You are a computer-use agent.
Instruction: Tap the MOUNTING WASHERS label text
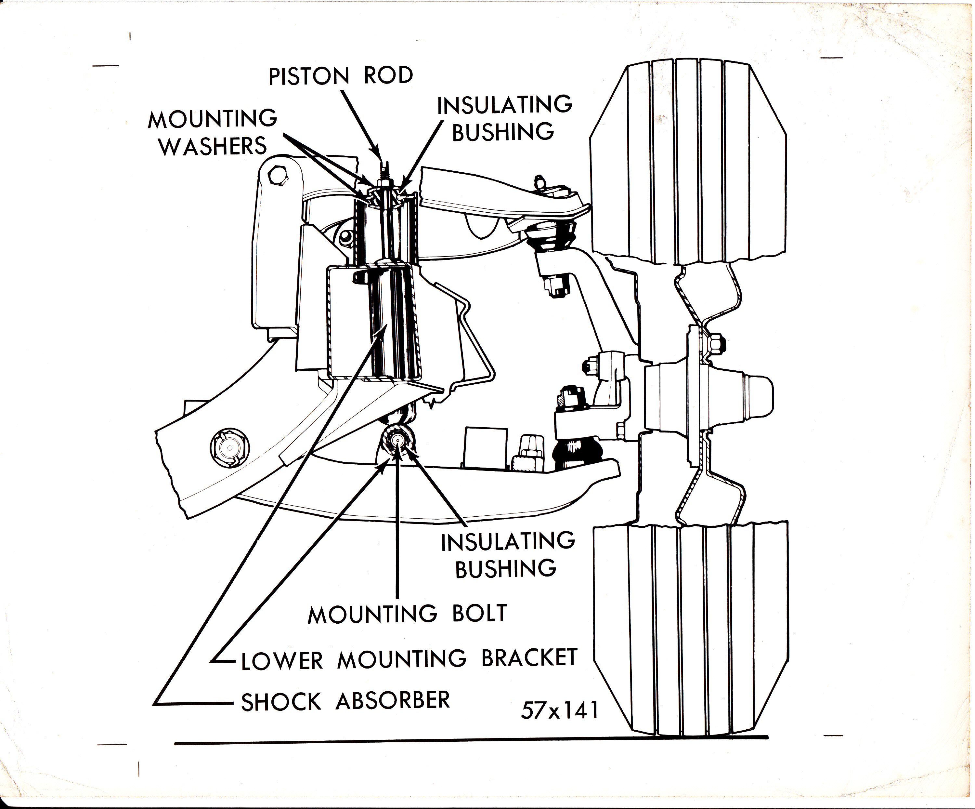(x=213, y=132)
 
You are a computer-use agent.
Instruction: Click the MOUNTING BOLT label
(x=407, y=614)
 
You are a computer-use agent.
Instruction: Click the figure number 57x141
(x=559, y=710)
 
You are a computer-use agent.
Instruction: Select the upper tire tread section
(x=687, y=163)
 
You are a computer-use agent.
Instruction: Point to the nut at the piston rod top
(x=383, y=184)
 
